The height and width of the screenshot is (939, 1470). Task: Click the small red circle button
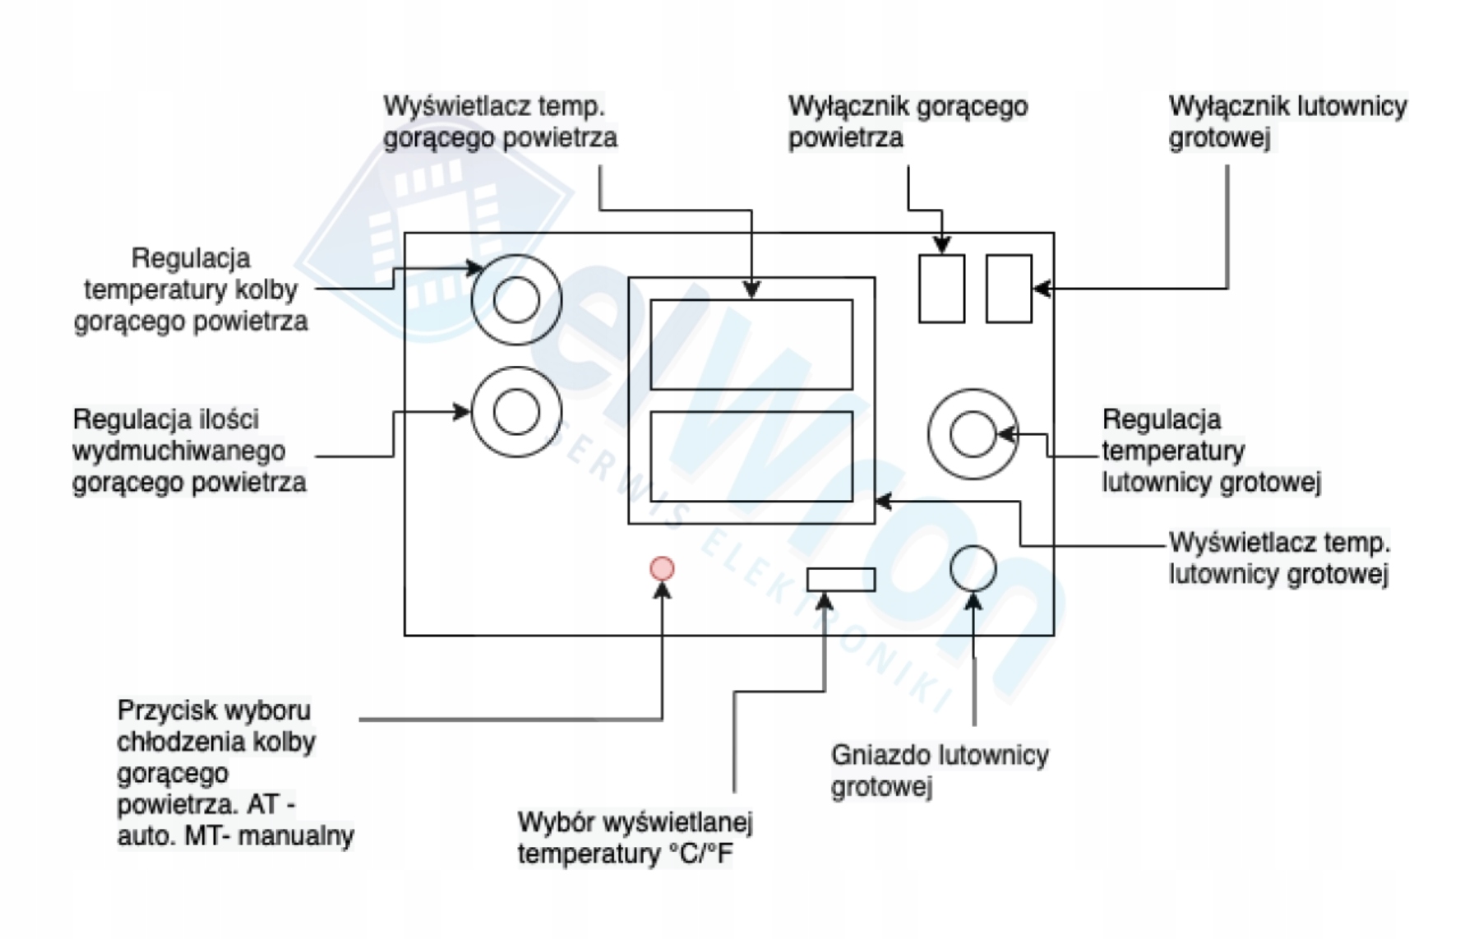[662, 568]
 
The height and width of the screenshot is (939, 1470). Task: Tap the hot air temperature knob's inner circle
[516, 299]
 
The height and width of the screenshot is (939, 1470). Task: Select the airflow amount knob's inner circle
[516, 412]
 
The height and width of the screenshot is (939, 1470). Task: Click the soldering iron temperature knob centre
[973, 434]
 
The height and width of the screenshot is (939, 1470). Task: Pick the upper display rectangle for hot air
[751, 345]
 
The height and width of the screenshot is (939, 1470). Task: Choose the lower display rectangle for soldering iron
[751, 456]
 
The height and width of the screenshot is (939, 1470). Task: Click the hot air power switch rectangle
[941, 289]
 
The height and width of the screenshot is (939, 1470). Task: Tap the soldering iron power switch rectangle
[1009, 289]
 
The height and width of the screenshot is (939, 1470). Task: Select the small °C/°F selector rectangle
[840, 580]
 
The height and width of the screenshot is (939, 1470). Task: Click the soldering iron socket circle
[973, 568]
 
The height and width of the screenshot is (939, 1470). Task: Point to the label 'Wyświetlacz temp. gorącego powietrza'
[500, 122]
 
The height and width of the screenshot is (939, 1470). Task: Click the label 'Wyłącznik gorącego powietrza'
[908, 122]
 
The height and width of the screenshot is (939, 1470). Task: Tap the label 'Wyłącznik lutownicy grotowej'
[1287, 122]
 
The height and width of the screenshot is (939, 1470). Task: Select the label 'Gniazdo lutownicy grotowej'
[939, 770]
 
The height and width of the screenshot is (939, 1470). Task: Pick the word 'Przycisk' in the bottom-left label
[168, 710]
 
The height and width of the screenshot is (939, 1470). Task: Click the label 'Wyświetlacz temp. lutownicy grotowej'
[1279, 558]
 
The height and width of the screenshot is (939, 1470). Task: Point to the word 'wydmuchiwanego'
[179, 451]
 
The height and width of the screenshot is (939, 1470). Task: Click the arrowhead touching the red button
[662, 591]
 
